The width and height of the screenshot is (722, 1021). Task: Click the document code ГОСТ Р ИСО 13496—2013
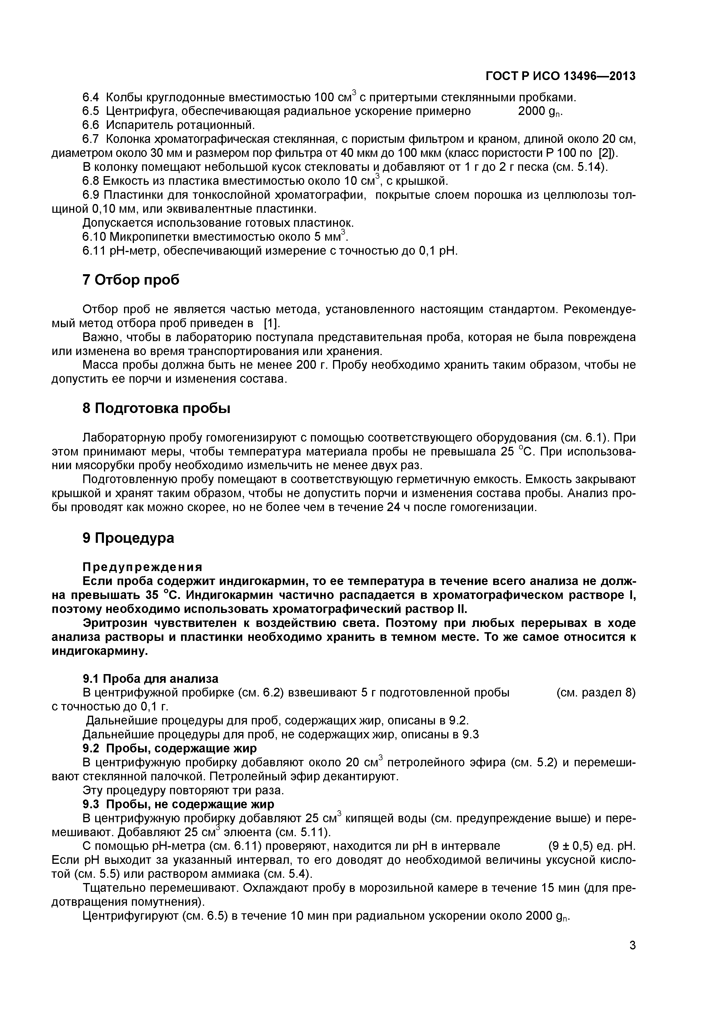560,77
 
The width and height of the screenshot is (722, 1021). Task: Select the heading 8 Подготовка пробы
157,408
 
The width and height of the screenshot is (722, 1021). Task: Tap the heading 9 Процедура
129,538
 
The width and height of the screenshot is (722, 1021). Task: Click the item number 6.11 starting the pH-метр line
93,251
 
